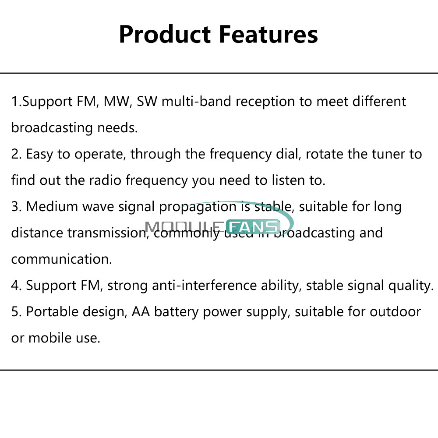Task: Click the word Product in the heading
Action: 165,34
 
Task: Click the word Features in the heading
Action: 268,34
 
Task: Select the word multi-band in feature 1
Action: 196,101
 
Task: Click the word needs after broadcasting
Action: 117,127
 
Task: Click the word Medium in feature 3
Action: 52,207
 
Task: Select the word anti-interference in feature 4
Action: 205,286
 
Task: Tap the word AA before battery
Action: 141,312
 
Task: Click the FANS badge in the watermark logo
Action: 253,226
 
